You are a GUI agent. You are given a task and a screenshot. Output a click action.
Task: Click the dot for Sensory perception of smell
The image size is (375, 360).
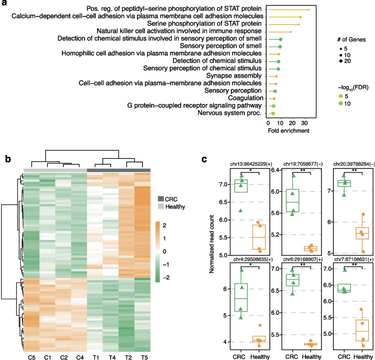pos(280,47)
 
